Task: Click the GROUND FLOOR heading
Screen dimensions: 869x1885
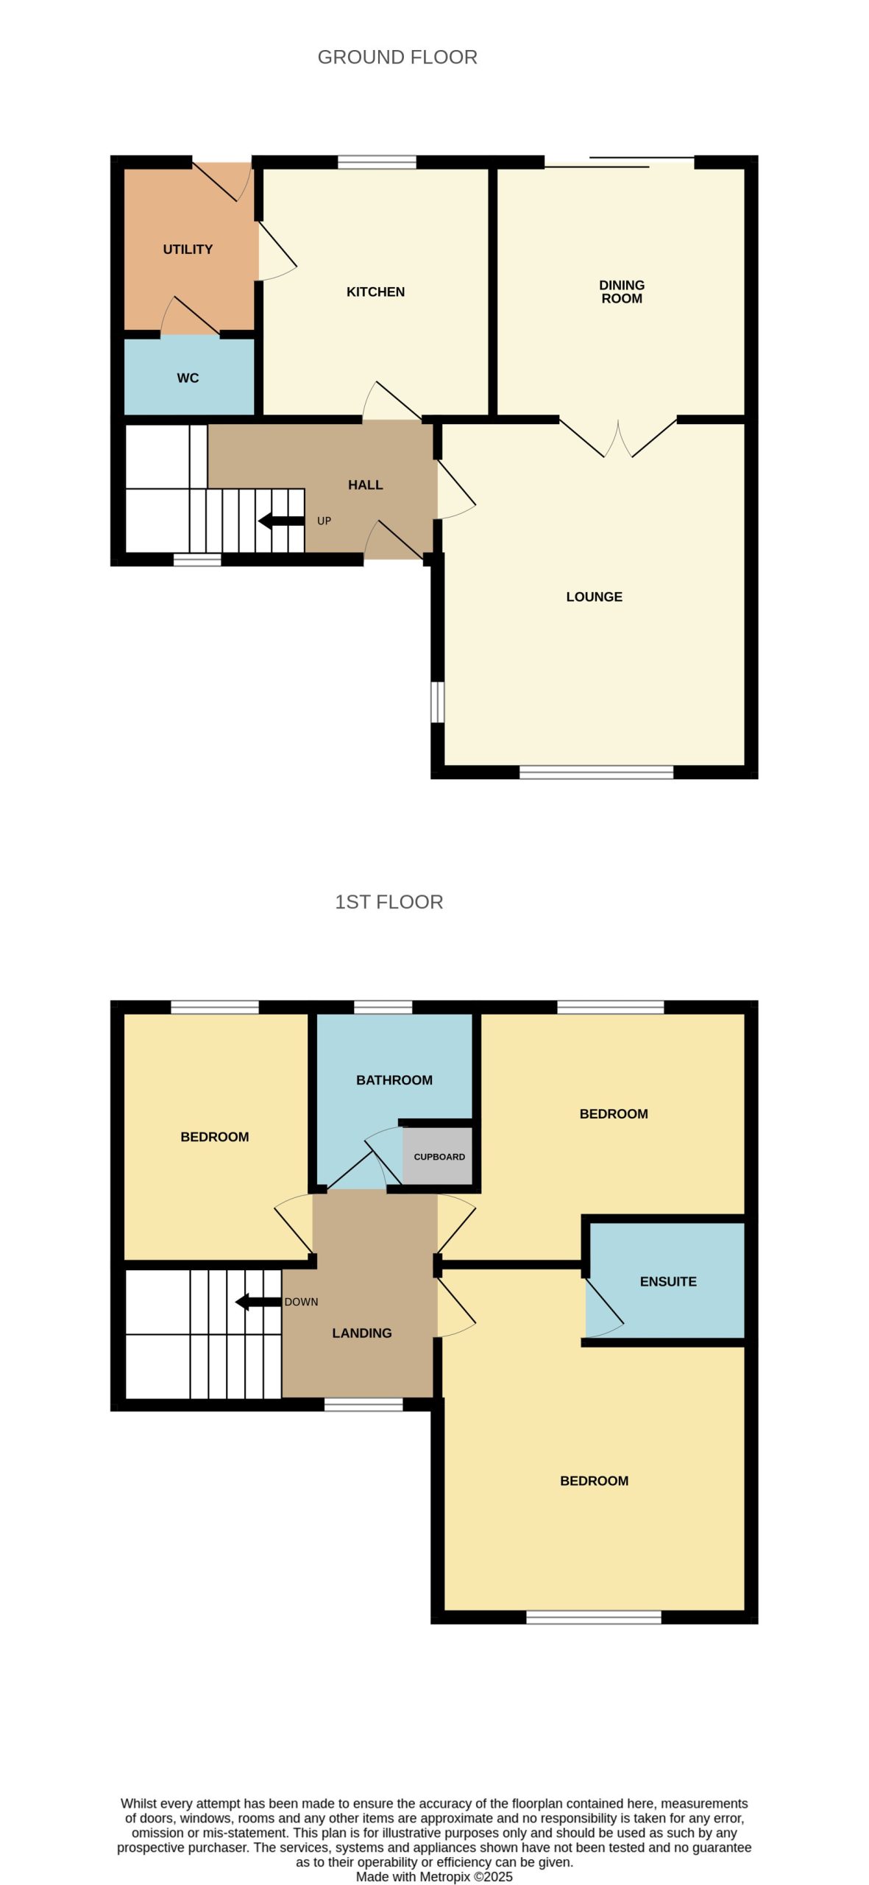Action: pyautogui.click(x=397, y=57)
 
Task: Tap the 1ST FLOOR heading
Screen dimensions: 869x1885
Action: pyautogui.click(x=389, y=902)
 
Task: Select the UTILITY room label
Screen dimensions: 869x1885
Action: pyautogui.click(x=188, y=250)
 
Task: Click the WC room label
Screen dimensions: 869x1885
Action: pyautogui.click(x=188, y=378)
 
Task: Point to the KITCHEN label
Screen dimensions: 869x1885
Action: pyautogui.click(x=375, y=292)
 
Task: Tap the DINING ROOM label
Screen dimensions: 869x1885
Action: pyautogui.click(x=622, y=292)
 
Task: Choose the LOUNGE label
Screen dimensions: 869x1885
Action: pyautogui.click(x=594, y=597)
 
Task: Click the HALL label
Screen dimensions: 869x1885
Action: pyautogui.click(x=365, y=485)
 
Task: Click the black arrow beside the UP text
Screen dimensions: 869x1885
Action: pyautogui.click(x=281, y=521)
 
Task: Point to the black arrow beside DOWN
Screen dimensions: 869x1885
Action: pyautogui.click(x=258, y=1302)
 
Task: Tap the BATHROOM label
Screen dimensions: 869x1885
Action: pyautogui.click(x=394, y=1080)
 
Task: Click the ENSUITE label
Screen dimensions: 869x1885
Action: pyautogui.click(x=668, y=1282)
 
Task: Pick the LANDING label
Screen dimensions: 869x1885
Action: pyautogui.click(x=361, y=1333)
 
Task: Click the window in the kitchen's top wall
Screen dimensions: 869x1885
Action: pyautogui.click(x=377, y=162)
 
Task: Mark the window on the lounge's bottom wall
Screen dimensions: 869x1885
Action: pyautogui.click(x=596, y=772)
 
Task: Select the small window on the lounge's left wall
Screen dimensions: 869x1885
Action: pyautogui.click(x=437, y=702)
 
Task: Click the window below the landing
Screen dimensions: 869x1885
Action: pyautogui.click(x=363, y=1404)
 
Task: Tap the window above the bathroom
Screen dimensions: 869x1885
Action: pyautogui.click(x=383, y=1007)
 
